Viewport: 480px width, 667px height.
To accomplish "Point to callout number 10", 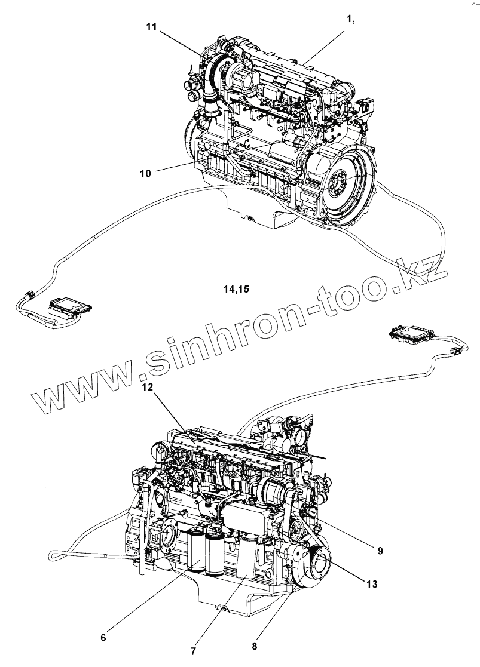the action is pyautogui.click(x=145, y=173).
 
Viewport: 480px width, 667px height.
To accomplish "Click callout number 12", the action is pyautogui.click(x=148, y=386).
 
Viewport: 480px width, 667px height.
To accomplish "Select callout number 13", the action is pyautogui.click(x=371, y=584).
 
